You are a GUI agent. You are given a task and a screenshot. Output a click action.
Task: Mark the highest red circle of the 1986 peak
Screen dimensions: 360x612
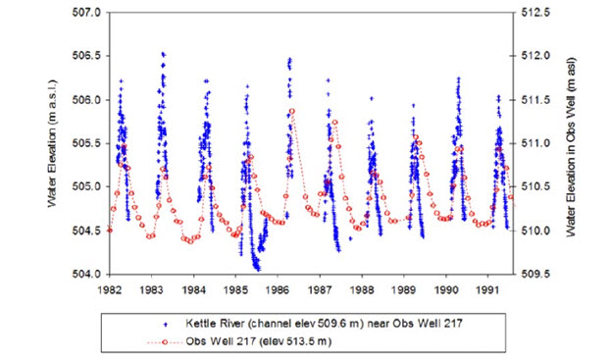pyautogui.click(x=292, y=111)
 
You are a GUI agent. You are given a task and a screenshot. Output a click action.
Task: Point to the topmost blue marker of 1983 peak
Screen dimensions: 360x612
pyautogui.click(x=163, y=53)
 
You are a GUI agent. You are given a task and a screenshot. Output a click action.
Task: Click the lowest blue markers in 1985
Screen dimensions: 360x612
pyautogui.click(x=257, y=268)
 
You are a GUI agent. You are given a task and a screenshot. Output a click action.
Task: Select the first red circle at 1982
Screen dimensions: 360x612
pyautogui.click(x=110, y=231)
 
